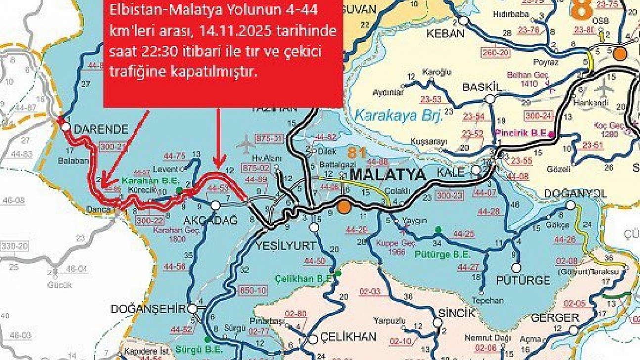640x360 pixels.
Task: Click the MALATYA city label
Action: click(x=387, y=175)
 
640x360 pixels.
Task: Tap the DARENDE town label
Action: click(x=101, y=129)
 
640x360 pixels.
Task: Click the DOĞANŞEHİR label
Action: click(x=148, y=309)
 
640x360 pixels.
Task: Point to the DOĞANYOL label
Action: click(x=576, y=194)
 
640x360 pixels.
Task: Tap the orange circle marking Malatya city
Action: click(x=344, y=206)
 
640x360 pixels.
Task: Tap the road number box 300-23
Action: click(x=447, y=196)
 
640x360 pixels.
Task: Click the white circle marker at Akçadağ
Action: click(x=215, y=205)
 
